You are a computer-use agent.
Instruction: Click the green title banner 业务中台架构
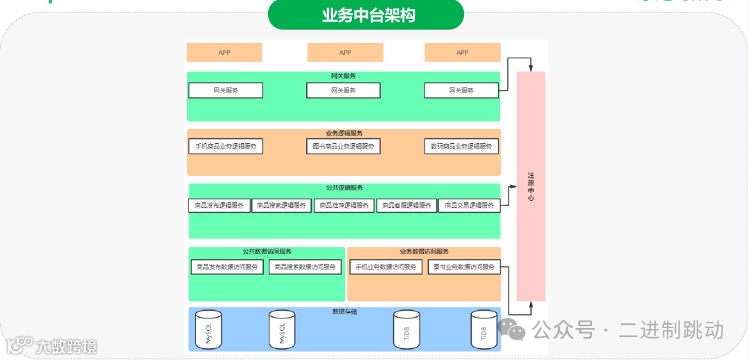(x=366, y=15)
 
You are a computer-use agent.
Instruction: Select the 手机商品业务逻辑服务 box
(x=226, y=147)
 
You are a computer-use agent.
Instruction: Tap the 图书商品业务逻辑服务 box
(x=344, y=147)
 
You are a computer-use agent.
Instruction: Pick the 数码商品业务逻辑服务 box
(x=461, y=147)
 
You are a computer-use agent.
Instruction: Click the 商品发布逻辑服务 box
(x=220, y=206)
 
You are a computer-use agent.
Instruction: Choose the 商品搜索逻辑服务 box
(x=282, y=206)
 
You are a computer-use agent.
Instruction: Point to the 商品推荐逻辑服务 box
(x=344, y=206)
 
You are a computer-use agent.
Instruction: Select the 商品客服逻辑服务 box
(x=407, y=206)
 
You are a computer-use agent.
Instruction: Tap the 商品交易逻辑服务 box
(x=469, y=206)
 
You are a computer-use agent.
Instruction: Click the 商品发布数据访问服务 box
(x=227, y=267)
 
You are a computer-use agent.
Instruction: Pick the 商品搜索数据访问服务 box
(x=305, y=267)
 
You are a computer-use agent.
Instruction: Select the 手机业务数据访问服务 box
(x=386, y=267)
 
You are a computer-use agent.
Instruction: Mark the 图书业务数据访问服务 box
(x=464, y=267)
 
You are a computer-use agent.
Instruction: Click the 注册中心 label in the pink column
(x=531, y=187)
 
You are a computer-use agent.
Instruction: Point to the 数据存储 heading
(x=344, y=312)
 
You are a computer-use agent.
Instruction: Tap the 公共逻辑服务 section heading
(x=344, y=188)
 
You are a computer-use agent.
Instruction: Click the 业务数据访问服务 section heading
(x=424, y=252)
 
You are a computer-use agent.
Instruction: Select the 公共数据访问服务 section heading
(x=267, y=252)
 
